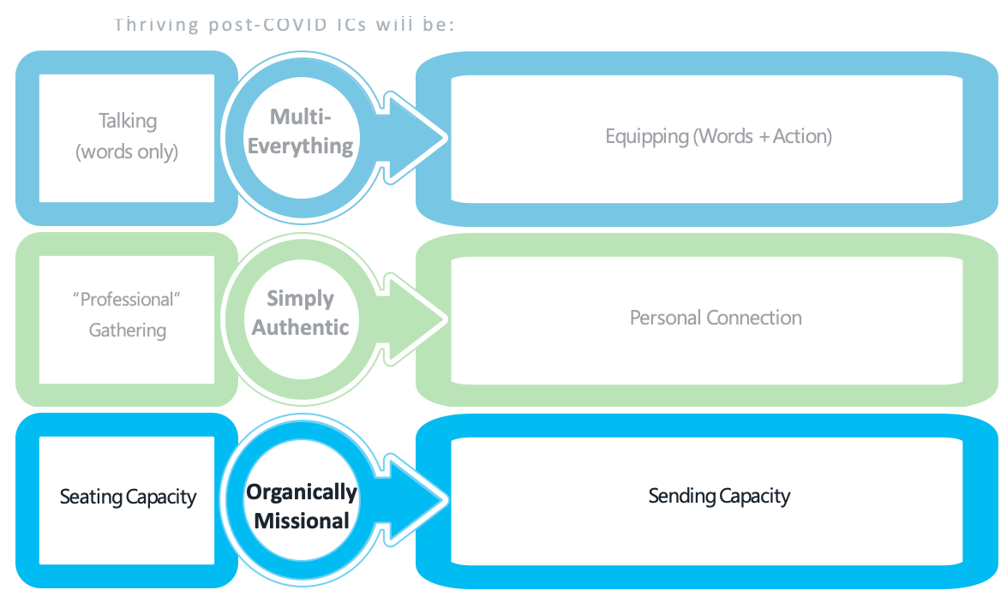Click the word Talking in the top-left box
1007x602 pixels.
[x=128, y=121]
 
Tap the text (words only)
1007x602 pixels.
[x=127, y=152]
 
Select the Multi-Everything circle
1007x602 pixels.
[x=301, y=138]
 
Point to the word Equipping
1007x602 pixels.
[x=647, y=137]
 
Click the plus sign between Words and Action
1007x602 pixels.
[x=764, y=137]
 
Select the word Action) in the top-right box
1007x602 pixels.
[x=802, y=136]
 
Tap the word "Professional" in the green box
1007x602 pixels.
[x=127, y=299]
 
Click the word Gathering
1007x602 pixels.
[x=127, y=330]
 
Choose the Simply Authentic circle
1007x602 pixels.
[x=301, y=319]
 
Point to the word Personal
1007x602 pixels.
[x=665, y=318]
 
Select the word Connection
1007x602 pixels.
[x=754, y=318]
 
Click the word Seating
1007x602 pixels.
[x=91, y=497]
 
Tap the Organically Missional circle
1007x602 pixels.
[x=301, y=500]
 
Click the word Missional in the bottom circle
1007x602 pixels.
[x=301, y=521]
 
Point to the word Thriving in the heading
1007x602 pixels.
[x=156, y=25]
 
